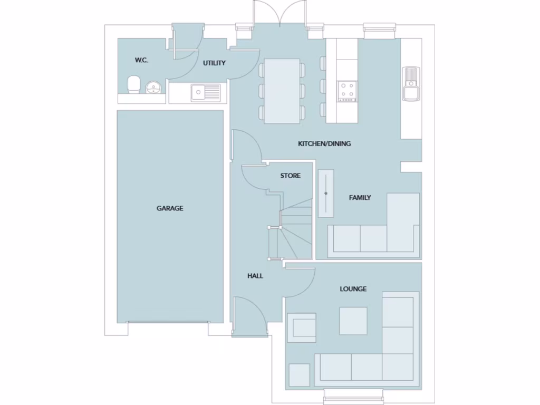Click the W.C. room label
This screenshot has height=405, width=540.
pyautogui.click(x=141, y=60)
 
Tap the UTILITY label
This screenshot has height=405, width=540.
pyautogui.click(x=215, y=63)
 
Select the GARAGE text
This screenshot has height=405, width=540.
pyautogui.click(x=170, y=208)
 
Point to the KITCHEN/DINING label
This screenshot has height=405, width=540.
pyautogui.click(x=324, y=143)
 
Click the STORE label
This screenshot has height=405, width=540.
pyautogui.click(x=291, y=176)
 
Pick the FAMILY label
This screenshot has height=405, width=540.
pyautogui.click(x=360, y=198)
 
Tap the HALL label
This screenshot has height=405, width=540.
pyautogui.click(x=255, y=276)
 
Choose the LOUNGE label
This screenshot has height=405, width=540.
pyautogui.click(x=353, y=289)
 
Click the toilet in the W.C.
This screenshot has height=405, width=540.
pyautogui.click(x=134, y=84)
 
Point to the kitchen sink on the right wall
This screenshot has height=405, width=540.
pyautogui.click(x=411, y=83)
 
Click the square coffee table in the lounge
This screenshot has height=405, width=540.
pyautogui.click(x=353, y=321)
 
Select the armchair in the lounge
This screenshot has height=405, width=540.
pyautogui.click(x=301, y=326)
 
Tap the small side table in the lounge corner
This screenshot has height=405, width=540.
pyautogui.click(x=300, y=375)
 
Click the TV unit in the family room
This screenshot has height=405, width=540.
pyautogui.click(x=326, y=193)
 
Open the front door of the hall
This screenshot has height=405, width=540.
pyautogui.click(x=249, y=315)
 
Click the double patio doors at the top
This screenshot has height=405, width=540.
pyautogui.click(x=280, y=13)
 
